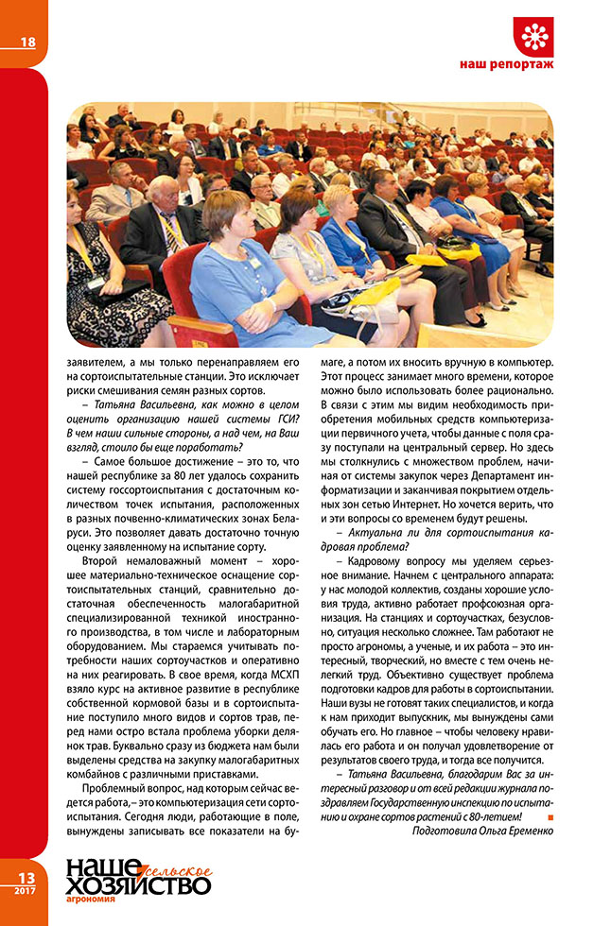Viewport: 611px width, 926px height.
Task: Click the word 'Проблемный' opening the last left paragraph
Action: click(x=115, y=786)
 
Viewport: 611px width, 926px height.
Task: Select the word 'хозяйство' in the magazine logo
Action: click(x=138, y=884)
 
